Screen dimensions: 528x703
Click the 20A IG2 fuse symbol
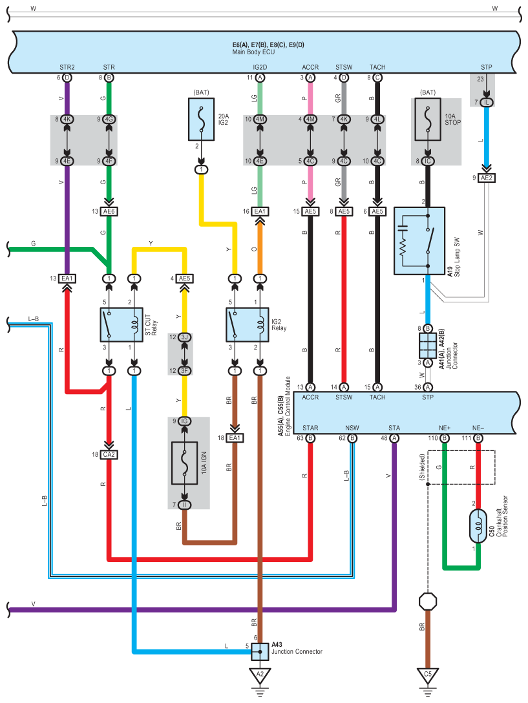(201, 120)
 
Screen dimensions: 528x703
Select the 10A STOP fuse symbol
(428, 120)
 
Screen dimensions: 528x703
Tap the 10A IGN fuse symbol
(184, 463)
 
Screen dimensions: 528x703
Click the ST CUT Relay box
(121, 324)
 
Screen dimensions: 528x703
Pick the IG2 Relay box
(247, 324)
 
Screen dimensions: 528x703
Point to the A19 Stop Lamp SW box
(419, 241)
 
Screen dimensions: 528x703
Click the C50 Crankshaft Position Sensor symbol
(478, 527)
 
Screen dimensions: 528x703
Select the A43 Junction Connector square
(260, 651)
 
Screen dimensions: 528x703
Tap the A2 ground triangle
(260, 676)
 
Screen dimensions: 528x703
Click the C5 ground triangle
(428, 676)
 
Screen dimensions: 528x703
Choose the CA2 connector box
(109, 455)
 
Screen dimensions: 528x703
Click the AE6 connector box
(109, 212)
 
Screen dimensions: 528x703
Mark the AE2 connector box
(487, 178)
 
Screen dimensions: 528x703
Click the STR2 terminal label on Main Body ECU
(67, 67)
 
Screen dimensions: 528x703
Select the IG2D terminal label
(260, 67)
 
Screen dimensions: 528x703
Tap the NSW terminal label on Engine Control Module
(352, 428)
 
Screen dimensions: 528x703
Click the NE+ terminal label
(444, 428)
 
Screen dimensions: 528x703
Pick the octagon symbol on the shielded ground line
(428, 602)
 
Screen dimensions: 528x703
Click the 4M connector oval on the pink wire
(310, 120)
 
